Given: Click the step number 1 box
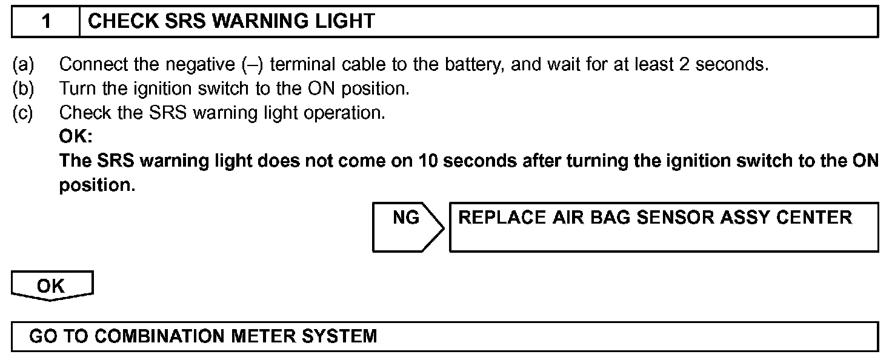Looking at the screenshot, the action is [x=46, y=22].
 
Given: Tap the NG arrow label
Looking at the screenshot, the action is [x=406, y=218].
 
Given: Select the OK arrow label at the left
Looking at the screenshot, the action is [x=51, y=286].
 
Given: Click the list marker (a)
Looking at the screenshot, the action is [x=23, y=64].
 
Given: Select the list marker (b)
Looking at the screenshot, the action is [x=23, y=88].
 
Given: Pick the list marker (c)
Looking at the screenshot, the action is [x=23, y=113].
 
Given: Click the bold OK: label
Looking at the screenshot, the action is [x=75, y=137].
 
